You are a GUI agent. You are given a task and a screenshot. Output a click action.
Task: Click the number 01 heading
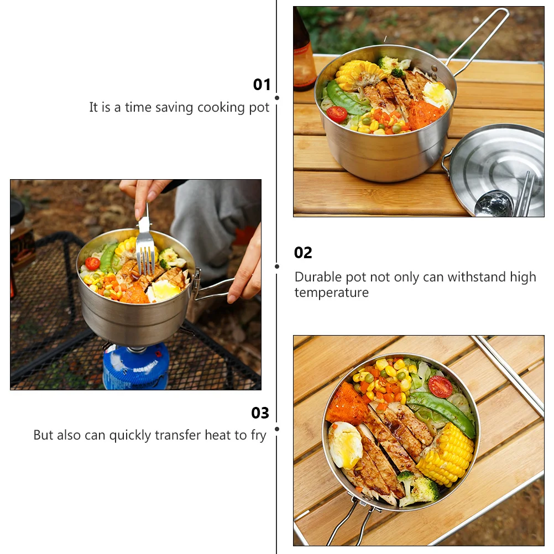[x=262, y=85]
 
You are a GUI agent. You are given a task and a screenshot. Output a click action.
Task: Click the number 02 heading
[x=303, y=253]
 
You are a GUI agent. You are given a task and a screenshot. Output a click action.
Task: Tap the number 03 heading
[x=260, y=413]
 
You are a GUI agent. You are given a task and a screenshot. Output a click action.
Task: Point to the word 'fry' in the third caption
[x=258, y=435]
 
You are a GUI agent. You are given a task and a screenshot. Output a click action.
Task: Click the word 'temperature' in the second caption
[x=331, y=292]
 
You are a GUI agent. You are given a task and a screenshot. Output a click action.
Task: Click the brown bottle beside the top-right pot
[x=304, y=55]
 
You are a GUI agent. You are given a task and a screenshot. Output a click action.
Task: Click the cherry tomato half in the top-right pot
[x=337, y=114]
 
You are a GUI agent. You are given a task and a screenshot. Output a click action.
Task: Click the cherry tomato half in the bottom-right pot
[x=440, y=386]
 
